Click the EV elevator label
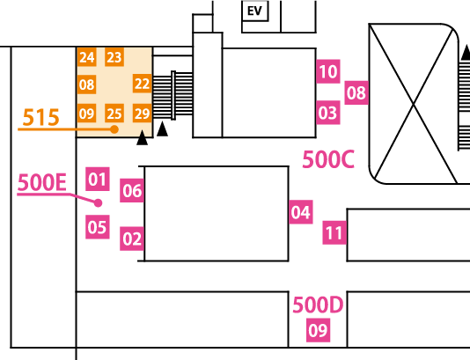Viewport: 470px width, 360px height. pyautogui.click(x=254, y=11)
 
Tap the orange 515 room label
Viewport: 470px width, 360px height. pyautogui.click(x=40, y=117)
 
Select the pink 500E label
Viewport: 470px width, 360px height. pyautogui.click(x=42, y=182)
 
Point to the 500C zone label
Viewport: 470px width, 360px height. pyautogui.click(x=328, y=159)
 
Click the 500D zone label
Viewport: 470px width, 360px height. pyautogui.click(x=318, y=305)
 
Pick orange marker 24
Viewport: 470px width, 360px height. pyautogui.click(x=86, y=57)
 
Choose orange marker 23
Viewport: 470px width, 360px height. pyautogui.click(x=114, y=57)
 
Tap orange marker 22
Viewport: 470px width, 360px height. pyautogui.click(x=142, y=84)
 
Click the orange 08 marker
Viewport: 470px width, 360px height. pyautogui.click(x=86, y=84)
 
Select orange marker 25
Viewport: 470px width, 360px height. pyautogui.click(x=114, y=114)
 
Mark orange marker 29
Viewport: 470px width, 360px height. pyautogui.click(x=142, y=114)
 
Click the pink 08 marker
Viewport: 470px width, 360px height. pyautogui.click(x=356, y=92)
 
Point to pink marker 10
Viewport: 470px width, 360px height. pyautogui.click(x=328, y=71)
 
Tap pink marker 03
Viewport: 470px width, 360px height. pyautogui.click(x=328, y=113)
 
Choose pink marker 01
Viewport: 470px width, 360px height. pyautogui.click(x=98, y=179)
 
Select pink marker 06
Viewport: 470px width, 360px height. pyautogui.click(x=132, y=190)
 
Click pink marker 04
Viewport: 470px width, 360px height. pyautogui.click(x=301, y=212)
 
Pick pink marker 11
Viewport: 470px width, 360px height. pyautogui.click(x=334, y=232)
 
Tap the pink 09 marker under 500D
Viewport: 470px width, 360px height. pyautogui.click(x=318, y=330)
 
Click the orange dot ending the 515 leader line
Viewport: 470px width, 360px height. pyautogui.click(x=114, y=129)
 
